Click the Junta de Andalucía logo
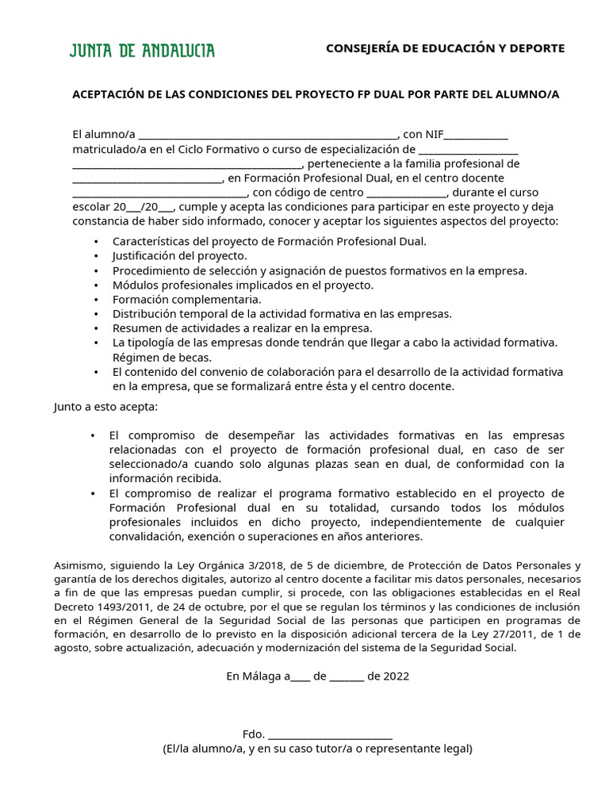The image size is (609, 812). [x=142, y=52]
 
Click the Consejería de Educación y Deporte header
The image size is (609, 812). [x=445, y=48]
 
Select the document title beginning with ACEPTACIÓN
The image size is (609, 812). [x=316, y=94]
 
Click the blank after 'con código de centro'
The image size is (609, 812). [x=408, y=193]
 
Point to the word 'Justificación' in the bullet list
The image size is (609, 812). [x=145, y=256]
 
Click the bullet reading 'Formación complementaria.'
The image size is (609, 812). [x=186, y=300]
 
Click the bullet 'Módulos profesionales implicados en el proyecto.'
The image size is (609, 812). [x=243, y=285]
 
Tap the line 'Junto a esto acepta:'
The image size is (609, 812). [x=105, y=407]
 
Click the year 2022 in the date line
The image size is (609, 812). [x=396, y=676]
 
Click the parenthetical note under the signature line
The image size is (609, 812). [x=317, y=749]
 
